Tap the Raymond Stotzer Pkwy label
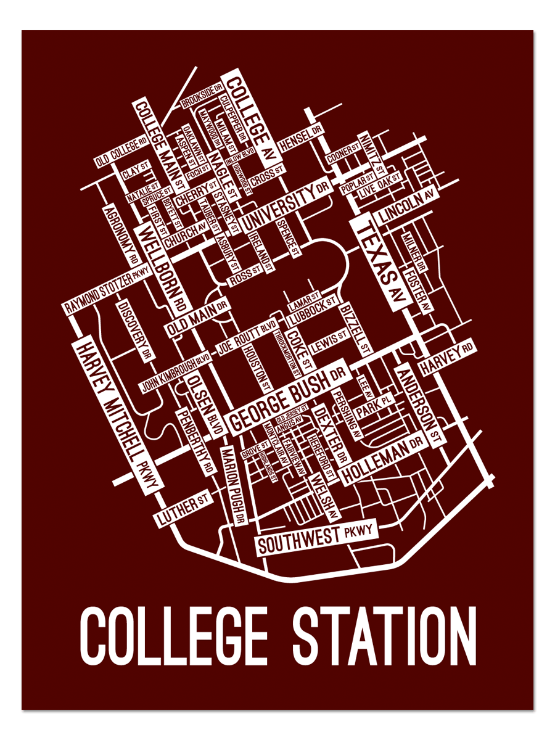pos(108,289)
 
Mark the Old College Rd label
pos(121,153)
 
